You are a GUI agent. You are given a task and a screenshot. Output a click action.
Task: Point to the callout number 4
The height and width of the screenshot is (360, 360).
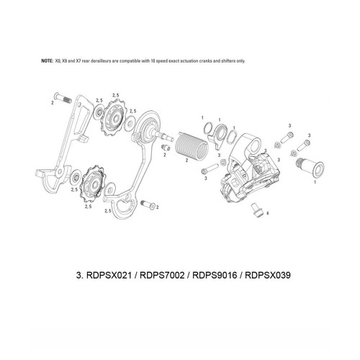[268, 214]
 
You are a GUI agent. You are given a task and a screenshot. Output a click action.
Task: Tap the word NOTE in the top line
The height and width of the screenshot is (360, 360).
[48, 61]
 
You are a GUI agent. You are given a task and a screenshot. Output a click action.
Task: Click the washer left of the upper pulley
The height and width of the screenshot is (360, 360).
[94, 112]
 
